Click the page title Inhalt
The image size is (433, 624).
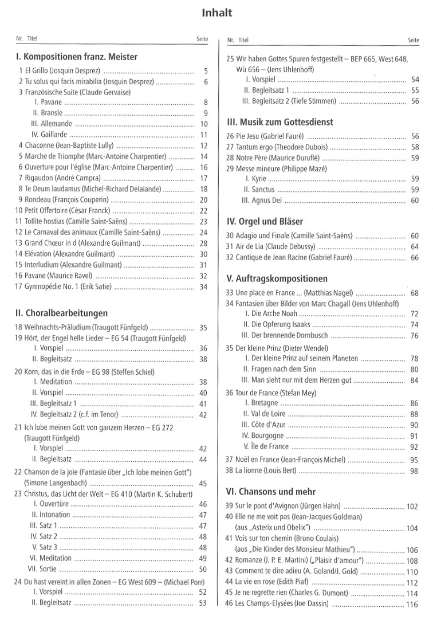point(216,13)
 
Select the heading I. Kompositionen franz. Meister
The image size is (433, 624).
point(77,57)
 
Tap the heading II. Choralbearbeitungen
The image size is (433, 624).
point(62,313)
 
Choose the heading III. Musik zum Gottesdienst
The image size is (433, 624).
point(280,122)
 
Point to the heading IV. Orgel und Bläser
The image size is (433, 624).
point(265,221)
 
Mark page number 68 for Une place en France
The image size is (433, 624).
point(415,293)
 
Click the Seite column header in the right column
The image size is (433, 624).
point(413,41)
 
